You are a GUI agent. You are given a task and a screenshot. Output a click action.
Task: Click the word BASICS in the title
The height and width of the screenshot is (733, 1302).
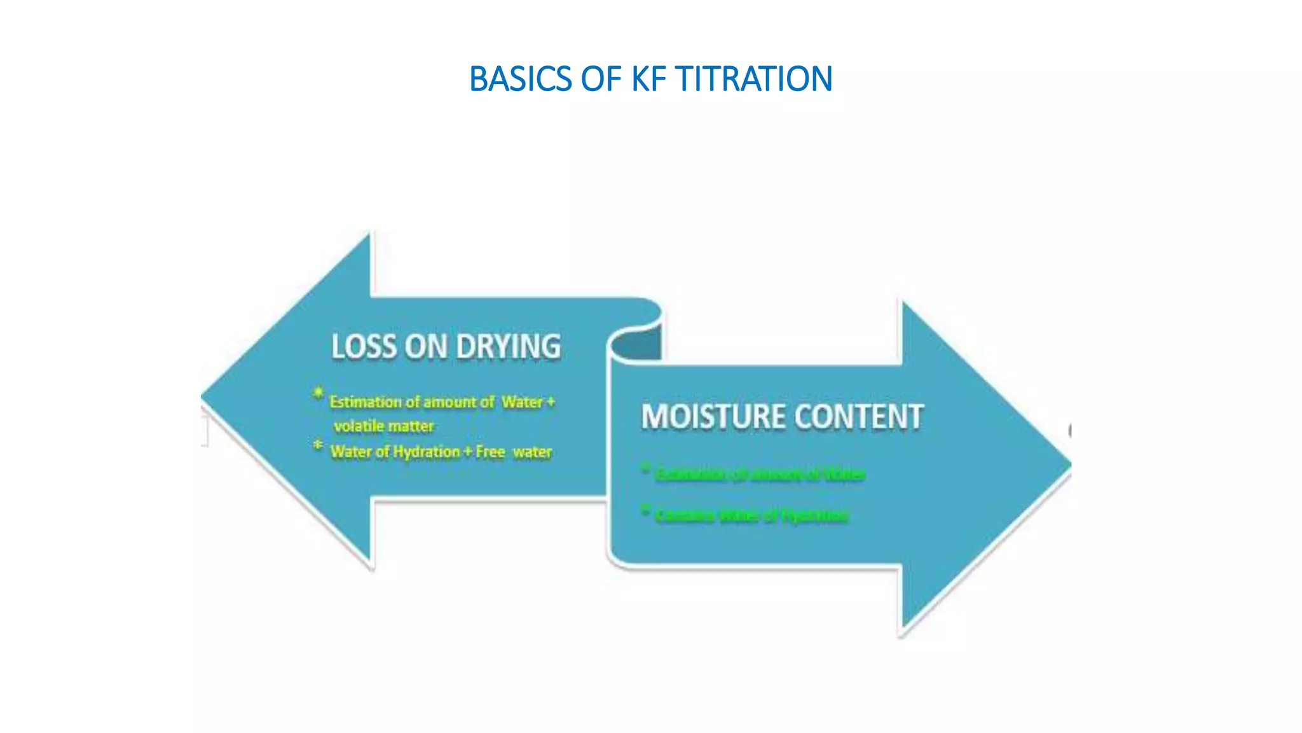(520, 80)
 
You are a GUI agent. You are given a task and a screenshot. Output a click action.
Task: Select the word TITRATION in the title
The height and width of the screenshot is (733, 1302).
(753, 80)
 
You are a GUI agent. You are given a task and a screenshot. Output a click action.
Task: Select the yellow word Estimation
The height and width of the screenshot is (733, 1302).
(366, 402)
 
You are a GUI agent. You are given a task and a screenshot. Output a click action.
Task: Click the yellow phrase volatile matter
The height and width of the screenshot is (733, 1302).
(384, 426)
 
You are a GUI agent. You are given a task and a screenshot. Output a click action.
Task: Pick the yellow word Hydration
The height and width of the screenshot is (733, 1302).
(426, 452)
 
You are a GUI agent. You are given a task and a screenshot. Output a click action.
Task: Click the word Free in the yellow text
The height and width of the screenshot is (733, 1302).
(490, 452)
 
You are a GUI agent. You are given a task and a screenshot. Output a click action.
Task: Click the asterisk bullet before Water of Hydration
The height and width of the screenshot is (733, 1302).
(318, 445)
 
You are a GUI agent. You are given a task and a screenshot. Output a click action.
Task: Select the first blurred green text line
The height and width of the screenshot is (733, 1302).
(760, 475)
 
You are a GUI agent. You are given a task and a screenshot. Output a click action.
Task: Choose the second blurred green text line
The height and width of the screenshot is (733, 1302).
(751, 515)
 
